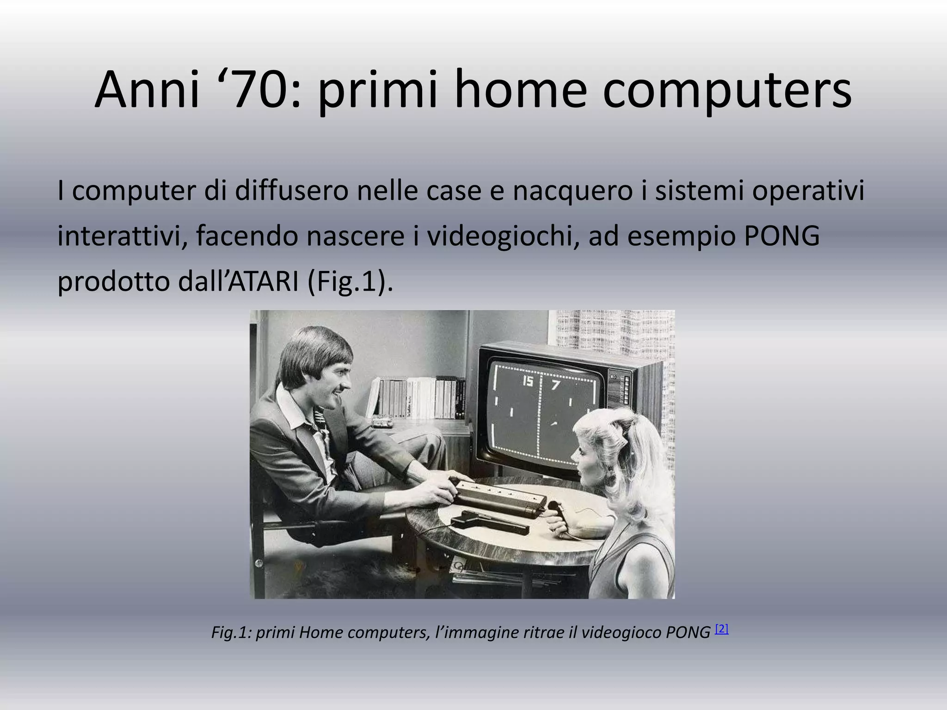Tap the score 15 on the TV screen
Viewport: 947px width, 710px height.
tap(527, 381)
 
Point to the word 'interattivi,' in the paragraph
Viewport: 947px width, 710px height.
tap(123, 236)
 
